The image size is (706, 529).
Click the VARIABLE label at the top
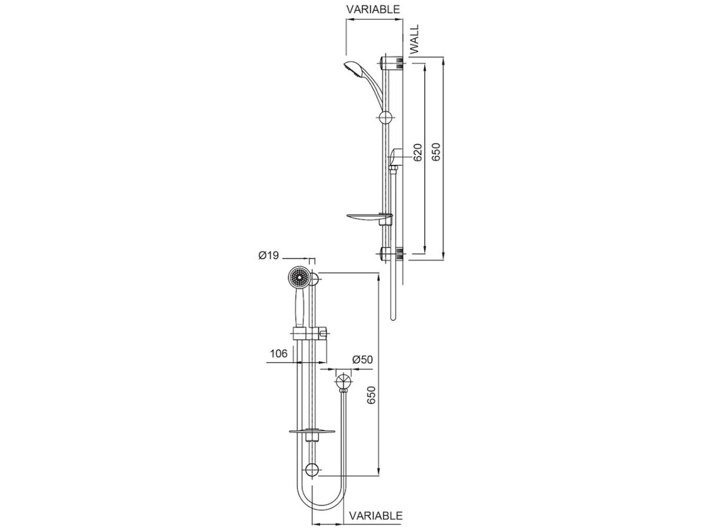(x=373, y=9)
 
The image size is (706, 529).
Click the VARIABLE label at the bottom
(x=376, y=515)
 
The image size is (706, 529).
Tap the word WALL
(x=415, y=39)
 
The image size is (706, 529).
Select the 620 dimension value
(x=418, y=152)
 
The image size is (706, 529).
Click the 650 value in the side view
(x=436, y=152)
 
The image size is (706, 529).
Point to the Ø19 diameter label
(x=269, y=256)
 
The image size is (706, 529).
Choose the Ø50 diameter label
(x=363, y=360)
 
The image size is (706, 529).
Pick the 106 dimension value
(x=278, y=353)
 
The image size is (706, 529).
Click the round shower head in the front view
(x=298, y=277)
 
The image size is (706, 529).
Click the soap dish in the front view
(x=312, y=433)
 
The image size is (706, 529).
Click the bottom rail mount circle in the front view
(x=312, y=470)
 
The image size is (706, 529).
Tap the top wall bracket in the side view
(x=392, y=62)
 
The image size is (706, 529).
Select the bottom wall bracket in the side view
(x=392, y=255)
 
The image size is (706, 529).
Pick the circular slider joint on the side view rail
(x=386, y=118)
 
